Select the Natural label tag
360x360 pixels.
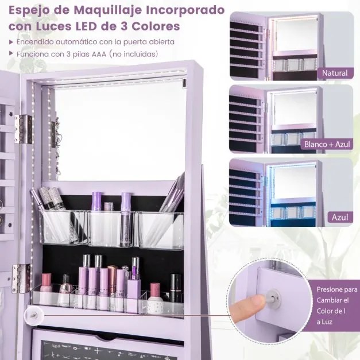pos(335,73)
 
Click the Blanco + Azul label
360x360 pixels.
pos(327,145)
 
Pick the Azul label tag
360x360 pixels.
pos(340,217)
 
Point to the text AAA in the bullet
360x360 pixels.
pos(99,54)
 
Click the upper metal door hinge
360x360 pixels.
pos(23,129)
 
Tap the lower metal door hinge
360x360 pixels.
pos(21,278)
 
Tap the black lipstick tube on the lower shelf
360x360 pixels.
pos(176,288)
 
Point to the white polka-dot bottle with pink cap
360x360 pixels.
pos(155,299)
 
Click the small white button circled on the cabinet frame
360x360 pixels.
pos(34,316)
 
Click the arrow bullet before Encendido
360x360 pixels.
pos(11,42)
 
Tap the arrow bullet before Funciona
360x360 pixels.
pos(11,53)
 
